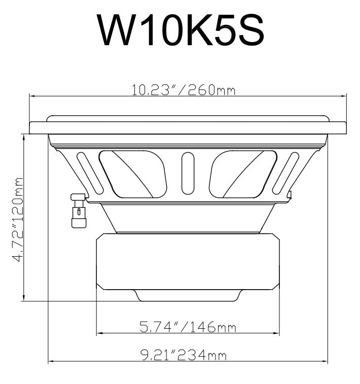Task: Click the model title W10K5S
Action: [181, 30]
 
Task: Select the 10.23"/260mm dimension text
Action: [184, 90]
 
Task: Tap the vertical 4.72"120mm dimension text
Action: [19, 219]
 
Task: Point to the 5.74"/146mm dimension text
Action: [188, 327]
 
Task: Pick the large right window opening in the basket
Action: [242, 173]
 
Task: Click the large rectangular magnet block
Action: [187, 261]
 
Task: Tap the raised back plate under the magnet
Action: [187, 295]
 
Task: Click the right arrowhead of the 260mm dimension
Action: [344, 95]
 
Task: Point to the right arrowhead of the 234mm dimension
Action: [326, 362]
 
